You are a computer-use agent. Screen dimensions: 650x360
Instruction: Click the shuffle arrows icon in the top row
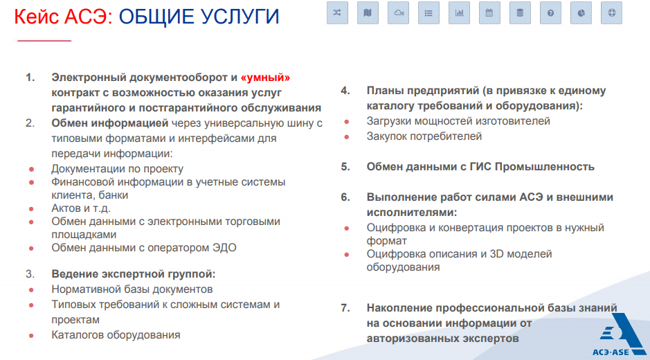coord(337,13)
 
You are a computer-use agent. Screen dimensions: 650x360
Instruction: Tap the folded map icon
coord(368,13)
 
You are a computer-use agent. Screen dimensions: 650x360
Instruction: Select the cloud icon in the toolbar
coord(398,13)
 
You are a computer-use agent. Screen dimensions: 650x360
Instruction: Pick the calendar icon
coord(489,13)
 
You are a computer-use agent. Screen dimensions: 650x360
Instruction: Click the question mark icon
coord(550,13)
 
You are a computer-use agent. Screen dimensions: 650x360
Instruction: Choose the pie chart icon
coord(581,13)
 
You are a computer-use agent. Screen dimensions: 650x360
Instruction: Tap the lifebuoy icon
coord(611,13)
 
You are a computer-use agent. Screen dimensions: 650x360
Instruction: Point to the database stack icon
coord(520,13)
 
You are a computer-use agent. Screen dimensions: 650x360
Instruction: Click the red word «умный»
coord(265,78)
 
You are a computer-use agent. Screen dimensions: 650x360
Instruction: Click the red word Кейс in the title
coord(36,16)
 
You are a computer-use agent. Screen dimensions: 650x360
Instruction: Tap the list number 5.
coord(345,167)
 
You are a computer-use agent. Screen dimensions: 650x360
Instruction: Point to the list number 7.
coord(345,308)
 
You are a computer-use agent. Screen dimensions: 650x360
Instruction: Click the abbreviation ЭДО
coord(224,248)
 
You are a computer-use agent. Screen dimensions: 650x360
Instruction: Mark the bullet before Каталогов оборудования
coord(31,336)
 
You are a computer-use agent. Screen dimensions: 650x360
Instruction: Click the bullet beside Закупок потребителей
coord(347,137)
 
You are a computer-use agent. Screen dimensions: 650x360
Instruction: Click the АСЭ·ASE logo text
coord(611,352)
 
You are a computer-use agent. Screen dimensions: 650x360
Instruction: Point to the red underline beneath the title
coord(44,41)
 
